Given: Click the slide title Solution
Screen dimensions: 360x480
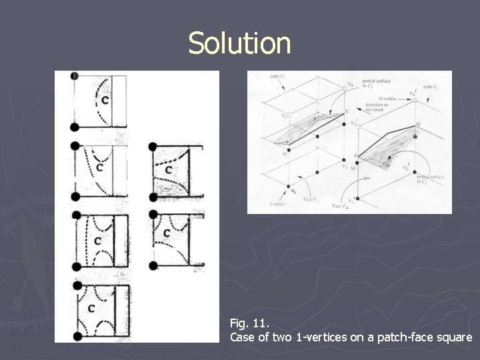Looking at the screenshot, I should [239, 43].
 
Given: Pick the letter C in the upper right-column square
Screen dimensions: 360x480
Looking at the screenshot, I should [168, 171].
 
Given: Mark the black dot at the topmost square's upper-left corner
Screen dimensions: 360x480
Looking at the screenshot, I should [74, 76].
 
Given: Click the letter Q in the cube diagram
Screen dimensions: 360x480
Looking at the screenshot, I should [417, 125].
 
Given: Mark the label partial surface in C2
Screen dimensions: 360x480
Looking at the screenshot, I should [427, 179].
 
